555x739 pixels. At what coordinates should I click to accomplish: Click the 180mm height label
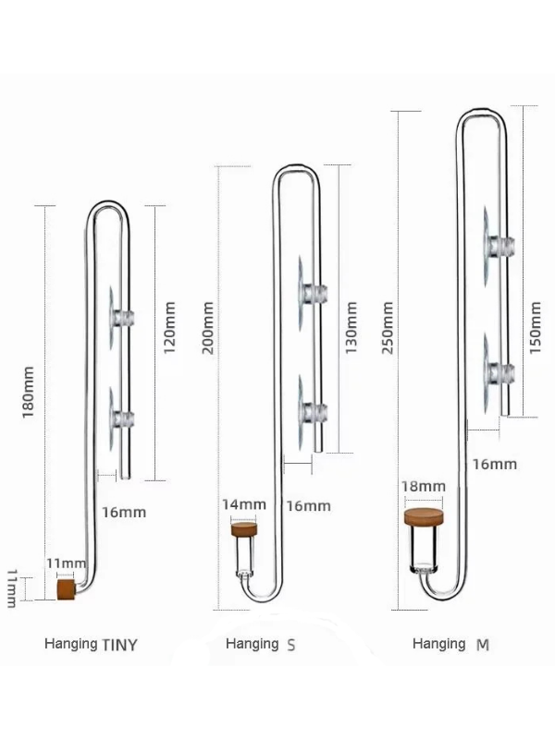(x=28, y=392)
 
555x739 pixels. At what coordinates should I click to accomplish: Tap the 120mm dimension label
(x=169, y=328)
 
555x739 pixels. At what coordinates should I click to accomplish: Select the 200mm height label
(x=207, y=328)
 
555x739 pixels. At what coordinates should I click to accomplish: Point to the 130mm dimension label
(x=351, y=328)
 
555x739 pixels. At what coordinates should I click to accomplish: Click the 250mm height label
(x=387, y=328)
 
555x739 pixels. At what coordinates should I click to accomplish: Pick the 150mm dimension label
(x=536, y=328)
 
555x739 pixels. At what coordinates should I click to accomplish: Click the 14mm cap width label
(x=244, y=504)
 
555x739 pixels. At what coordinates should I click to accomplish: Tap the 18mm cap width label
(x=424, y=486)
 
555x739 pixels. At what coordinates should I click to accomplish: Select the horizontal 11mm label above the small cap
(x=66, y=563)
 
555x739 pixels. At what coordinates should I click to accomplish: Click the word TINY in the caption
(x=120, y=644)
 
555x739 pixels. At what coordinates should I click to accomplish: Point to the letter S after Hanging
(x=291, y=644)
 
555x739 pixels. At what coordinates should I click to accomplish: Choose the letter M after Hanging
(x=482, y=644)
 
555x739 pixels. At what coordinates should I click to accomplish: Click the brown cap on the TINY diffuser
(x=66, y=589)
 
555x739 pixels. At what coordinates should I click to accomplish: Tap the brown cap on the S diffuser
(x=245, y=529)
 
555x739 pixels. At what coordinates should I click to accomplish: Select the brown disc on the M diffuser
(x=425, y=517)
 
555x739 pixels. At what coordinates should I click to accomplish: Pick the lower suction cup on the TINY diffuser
(x=121, y=418)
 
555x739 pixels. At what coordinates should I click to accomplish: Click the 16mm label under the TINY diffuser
(x=124, y=513)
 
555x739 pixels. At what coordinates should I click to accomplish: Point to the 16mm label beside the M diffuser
(x=495, y=465)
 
